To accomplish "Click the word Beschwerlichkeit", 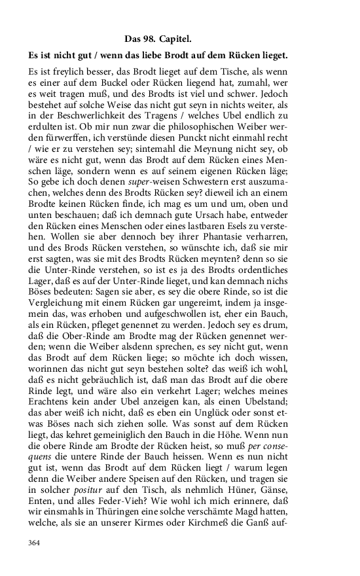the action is click(x=86, y=114).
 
